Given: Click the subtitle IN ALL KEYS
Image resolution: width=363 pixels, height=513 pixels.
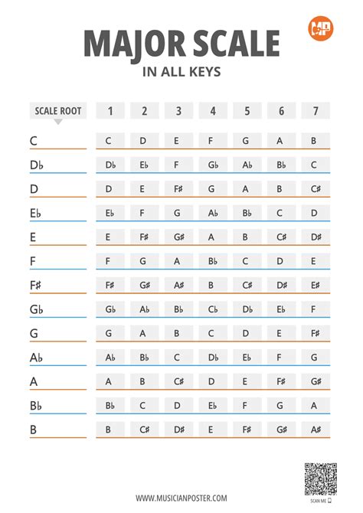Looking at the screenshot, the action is pos(181,74).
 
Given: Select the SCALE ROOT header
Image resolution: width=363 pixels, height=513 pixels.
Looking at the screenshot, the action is pos(57,111).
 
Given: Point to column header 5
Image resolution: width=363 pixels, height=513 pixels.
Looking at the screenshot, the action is pos(247,111).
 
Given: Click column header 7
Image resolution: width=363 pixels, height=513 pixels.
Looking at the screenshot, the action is pos(315,111).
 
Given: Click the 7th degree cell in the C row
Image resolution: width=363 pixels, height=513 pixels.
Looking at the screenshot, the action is pos(314,141).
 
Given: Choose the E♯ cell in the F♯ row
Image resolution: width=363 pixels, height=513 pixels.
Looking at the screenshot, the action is pos(314,285).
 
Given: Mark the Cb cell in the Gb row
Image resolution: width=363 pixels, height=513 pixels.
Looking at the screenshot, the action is pos(212,309).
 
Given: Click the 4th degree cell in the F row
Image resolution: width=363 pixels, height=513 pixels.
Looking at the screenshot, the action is pos(212,261).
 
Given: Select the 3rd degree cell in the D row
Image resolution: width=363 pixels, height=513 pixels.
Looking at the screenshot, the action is pos(178,189).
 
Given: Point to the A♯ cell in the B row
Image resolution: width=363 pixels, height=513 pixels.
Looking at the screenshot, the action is pos(314,430).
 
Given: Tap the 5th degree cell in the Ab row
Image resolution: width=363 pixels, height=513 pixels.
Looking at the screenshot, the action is pos(247,358).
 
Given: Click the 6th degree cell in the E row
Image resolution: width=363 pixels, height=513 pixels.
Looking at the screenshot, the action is pos(280,237).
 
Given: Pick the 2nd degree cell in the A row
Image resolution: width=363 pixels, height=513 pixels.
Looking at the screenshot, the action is pos(144,381).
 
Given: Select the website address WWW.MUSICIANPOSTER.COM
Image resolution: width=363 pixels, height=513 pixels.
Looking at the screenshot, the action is pos(181,498).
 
